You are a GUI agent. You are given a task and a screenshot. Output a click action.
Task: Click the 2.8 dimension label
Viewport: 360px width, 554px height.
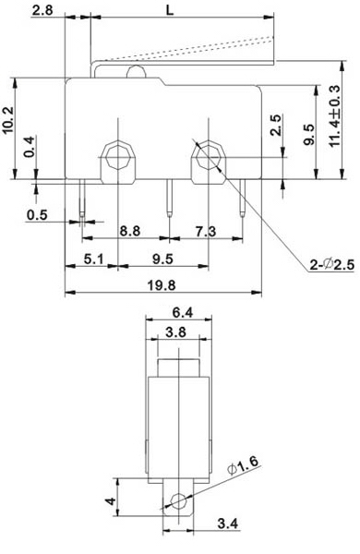tap(42, 9)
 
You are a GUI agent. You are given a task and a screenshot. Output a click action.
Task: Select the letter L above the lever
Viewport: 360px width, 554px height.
tap(170, 10)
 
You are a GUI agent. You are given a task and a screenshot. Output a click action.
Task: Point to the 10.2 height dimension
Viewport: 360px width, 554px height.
tap(7, 120)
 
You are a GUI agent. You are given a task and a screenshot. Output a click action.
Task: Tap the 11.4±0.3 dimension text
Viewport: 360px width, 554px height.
tap(334, 116)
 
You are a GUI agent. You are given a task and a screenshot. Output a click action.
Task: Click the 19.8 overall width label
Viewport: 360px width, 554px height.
tap(162, 284)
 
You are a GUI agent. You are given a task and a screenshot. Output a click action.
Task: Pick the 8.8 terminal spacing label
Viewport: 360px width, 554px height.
tap(129, 231)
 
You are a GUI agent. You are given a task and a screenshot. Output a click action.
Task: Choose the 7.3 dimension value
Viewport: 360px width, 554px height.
tap(206, 232)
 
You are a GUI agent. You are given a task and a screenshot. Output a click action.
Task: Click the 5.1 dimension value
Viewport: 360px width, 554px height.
tap(93, 259)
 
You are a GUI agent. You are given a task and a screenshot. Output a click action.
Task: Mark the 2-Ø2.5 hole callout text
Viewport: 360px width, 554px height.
tap(332, 264)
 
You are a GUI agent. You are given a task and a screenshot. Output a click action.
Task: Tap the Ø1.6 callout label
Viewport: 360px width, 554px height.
tap(243, 465)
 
